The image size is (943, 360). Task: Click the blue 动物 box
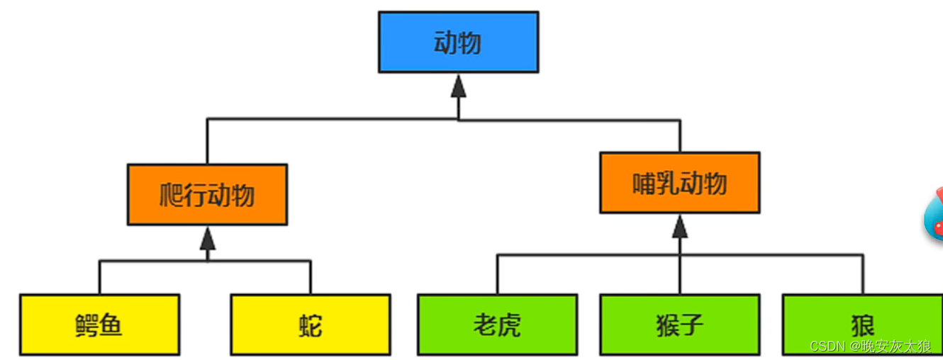pyautogui.click(x=458, y=42)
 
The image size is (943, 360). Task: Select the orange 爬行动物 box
pyautogui.click(x=207, y=195)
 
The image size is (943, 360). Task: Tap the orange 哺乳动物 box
pyautogui.click(x=679, y=183)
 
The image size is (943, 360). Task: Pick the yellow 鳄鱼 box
pyautogui.click(x=99, y=325)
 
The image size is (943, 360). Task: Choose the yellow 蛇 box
pyautogui.click(x=310, y=325)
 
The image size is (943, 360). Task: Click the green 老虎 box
pyautogui.click(x=497, y=325)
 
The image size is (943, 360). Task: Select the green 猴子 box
pyautogui.click(x=679, y=325)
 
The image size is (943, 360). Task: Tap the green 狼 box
pyautogui.click(x=862, y=325)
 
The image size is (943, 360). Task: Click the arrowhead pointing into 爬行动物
pyautogui.click(x=207, y=238)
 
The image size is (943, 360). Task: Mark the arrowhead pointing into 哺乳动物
pyautogui.click(x=680, y=226)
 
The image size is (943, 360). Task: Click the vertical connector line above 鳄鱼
pyautogui.click(x=99, y=277)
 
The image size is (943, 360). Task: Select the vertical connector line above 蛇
pyautogui.click(x=310, y=277)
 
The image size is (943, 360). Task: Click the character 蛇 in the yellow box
pyautogui.click(x=310, y=325)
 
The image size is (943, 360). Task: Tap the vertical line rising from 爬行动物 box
pyautogui.click(x=207, y=142)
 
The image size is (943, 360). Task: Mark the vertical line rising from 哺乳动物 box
pyautogui.click(x=680, y=136)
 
